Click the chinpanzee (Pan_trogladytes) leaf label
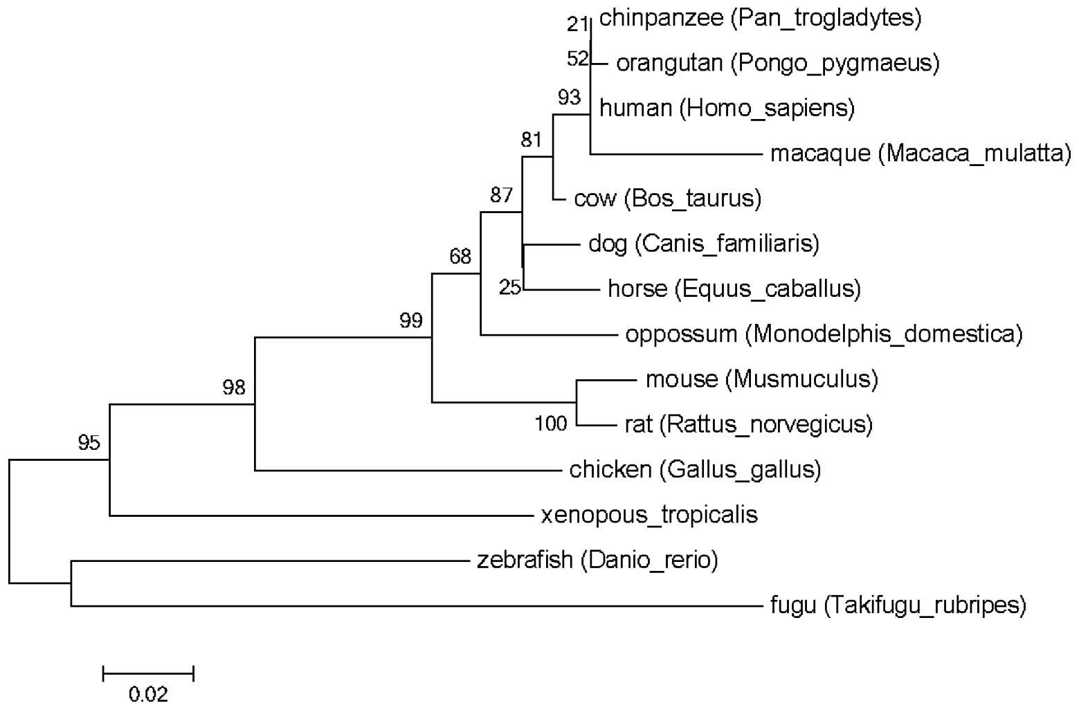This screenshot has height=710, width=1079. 760,18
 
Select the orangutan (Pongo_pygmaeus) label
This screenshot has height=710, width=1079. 777,63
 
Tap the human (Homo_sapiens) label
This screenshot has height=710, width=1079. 727,108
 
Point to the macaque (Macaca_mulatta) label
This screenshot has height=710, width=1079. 920,153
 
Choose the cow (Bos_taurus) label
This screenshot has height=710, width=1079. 667,199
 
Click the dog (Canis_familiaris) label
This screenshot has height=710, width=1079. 703,244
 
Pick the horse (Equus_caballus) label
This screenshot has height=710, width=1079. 734,289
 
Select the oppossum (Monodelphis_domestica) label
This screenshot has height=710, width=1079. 823,334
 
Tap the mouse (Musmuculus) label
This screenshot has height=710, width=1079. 761,379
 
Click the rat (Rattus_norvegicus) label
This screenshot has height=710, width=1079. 747,424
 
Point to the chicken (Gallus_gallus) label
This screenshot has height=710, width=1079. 695,470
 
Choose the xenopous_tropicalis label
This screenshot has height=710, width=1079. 649,515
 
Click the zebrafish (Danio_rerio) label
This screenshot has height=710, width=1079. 597,560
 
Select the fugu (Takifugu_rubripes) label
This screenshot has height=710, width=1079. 898,606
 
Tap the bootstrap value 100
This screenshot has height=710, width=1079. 551,423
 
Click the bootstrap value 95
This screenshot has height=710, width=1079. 89,442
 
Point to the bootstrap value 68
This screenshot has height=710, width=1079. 460,257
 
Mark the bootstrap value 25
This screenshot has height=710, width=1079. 510,287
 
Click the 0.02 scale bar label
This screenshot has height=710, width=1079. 148,694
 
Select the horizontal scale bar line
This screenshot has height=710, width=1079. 148,672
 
